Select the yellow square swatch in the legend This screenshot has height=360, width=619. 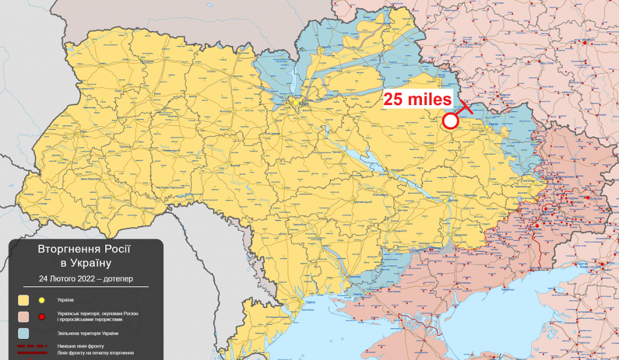tap(24, 300)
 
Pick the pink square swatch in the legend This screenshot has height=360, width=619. tap(24, 317)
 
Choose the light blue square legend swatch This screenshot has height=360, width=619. tap(24, 333)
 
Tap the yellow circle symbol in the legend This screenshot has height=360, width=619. tap(42, 300)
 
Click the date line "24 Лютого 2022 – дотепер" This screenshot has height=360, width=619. tap(85, 279)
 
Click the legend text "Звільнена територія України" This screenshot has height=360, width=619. tap(87, 333)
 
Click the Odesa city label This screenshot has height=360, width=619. tap(311, 301)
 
